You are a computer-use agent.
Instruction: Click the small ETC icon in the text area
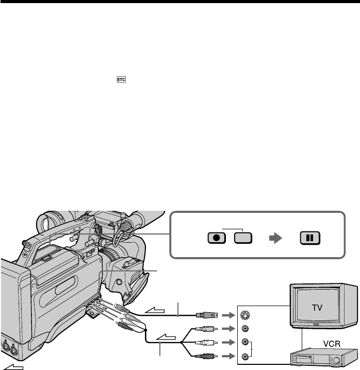[122, 79]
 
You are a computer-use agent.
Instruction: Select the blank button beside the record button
[243, 238]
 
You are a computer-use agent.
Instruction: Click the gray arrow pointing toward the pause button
[277, 238]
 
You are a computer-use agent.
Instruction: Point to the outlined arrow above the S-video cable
[155, 309]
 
